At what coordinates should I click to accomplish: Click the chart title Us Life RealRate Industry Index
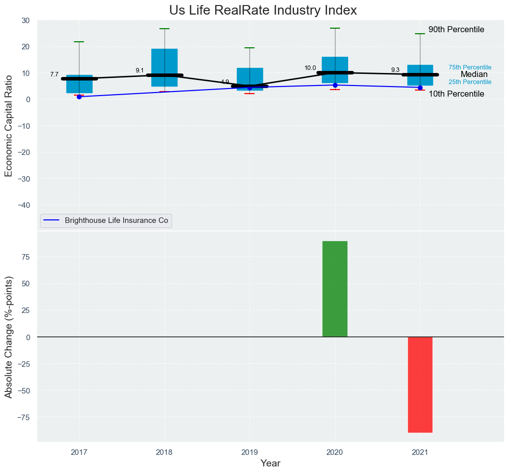point(263,10)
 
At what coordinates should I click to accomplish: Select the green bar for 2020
point(335,289)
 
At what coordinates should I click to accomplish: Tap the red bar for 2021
point(420,384)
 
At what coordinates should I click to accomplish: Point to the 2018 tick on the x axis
point(164,452)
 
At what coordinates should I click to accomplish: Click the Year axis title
point(271,463)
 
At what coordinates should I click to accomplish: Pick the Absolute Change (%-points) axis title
point(9,337)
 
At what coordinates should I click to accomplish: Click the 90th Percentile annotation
point(456,30)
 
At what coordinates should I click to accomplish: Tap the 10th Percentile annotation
point(456,94)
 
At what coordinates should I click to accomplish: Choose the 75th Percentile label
point(470,67)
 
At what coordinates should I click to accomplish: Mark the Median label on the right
point(474,74)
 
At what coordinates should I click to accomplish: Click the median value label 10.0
point(310,68)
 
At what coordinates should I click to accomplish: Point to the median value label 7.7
point(54,74)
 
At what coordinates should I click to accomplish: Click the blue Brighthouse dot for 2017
point(79,97)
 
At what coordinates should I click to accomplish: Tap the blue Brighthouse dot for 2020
point(335,85)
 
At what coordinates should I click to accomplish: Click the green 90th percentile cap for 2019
point(249,48)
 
